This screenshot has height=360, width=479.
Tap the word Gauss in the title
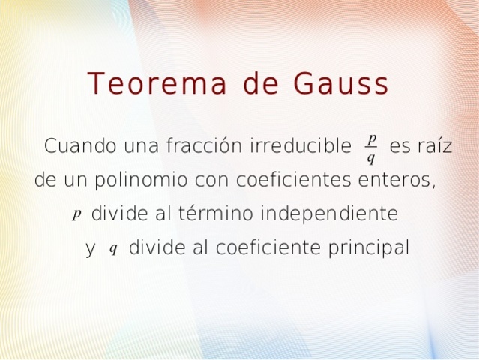coord(342,83)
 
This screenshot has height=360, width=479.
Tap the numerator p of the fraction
coord(372,138)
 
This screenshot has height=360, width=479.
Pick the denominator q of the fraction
coord(371,157)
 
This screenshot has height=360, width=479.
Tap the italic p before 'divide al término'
coord(76,214)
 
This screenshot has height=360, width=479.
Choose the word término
coord(216,214)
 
